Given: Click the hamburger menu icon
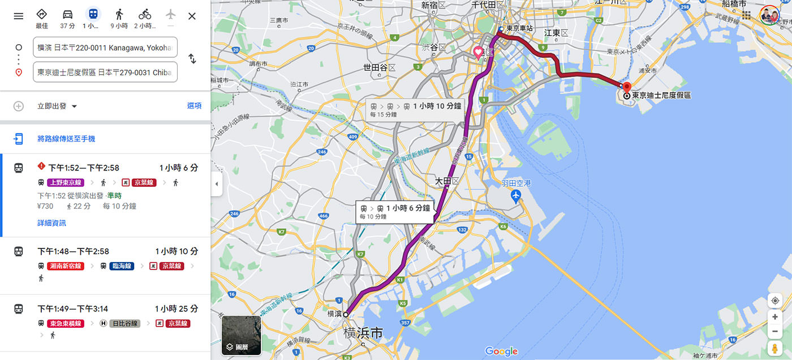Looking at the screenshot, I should (19, 16).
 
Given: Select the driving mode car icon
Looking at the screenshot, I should (67, 15).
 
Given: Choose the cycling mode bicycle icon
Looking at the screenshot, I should (145, 15).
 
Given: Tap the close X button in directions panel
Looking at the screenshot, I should (192, 16).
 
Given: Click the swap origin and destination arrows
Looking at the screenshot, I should (192, 59).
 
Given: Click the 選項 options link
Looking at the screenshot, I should (194, 106).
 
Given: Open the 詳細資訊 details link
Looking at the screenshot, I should (51, 223).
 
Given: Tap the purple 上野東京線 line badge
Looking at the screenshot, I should (66, 182).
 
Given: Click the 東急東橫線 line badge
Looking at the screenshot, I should (66, 323).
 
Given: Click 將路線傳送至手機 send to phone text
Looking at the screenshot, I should (66, 139).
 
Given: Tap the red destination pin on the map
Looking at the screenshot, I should (626, 87).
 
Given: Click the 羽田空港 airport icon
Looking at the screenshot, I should (515, 196).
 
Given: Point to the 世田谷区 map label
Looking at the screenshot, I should (378, 68).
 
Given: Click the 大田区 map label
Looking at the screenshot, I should (446, 181).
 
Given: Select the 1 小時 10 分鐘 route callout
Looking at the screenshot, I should (415, 109).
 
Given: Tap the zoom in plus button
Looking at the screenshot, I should (774, 317).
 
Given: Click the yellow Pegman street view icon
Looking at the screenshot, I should (774, 348).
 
